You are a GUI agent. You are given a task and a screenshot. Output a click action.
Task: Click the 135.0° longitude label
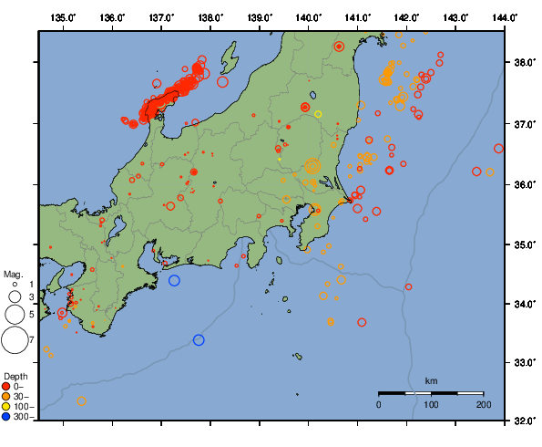(x=63, y=17)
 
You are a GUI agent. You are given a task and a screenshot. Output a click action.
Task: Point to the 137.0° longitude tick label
(x=161, y=17)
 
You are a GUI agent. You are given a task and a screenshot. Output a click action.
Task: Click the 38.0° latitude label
(x=524, y=64)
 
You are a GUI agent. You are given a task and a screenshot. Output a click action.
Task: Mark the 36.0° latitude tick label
(x=524, y=184)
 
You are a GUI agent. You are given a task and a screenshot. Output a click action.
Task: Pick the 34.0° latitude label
(x=524, y=304)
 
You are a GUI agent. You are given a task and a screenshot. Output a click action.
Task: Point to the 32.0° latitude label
(x=524, y=421)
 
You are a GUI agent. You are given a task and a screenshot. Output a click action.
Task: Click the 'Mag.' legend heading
(x=13, y=274)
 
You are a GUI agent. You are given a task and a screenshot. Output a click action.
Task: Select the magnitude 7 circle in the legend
(x=15, y=340)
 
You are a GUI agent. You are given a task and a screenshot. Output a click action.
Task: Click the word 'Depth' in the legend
(x=15, y=376)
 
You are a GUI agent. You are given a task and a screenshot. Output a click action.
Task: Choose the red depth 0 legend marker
(x=7, y=386)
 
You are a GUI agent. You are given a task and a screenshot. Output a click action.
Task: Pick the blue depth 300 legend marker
(x=7, y=417)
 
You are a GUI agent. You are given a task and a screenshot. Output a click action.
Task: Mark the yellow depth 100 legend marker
(x=7, y=407)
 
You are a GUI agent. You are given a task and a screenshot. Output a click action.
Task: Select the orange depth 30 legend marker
(x=7, y=396)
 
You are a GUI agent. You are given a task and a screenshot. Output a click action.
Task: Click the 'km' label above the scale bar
(x=431, y=380)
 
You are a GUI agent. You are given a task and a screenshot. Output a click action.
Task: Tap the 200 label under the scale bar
(x=483, y=403)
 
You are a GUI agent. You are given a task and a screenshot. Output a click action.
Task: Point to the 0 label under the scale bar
(x=379, y=403)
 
